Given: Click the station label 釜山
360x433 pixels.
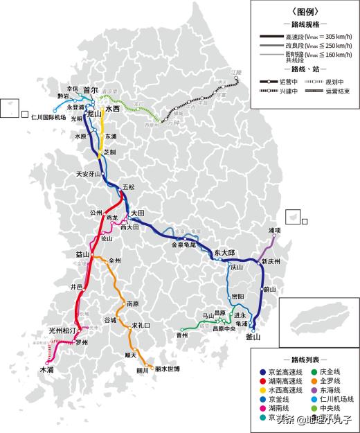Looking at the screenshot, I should pos(253,337).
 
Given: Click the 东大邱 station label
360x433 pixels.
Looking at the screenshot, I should pos(225,253).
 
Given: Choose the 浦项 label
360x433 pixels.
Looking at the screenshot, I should pos(275,229).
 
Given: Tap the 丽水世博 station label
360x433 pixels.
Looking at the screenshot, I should pos(168,369).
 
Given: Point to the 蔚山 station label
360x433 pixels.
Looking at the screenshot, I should pos(269,289).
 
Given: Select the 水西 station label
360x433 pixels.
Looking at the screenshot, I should pos(112,109).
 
